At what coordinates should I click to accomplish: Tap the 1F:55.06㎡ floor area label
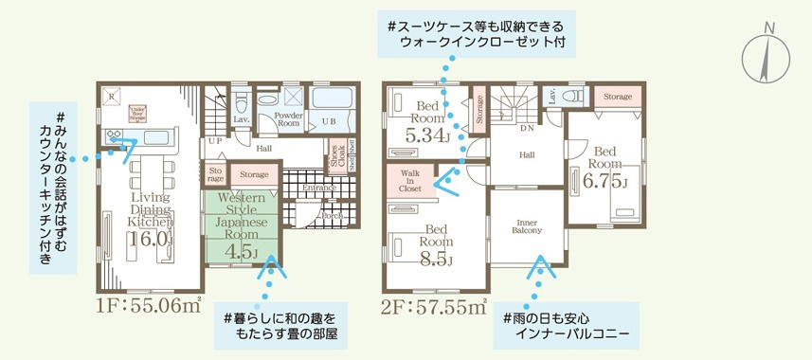pos(148,305)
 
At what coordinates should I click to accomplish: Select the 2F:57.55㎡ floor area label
pos(435,305)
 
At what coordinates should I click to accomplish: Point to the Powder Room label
pos(288,118)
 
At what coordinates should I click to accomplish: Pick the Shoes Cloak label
pos(336,160)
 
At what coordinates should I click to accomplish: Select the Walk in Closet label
pos(410,181)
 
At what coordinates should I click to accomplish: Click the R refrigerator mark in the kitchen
pos(113,96)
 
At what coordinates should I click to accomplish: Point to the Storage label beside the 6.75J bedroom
pos(617,97)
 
